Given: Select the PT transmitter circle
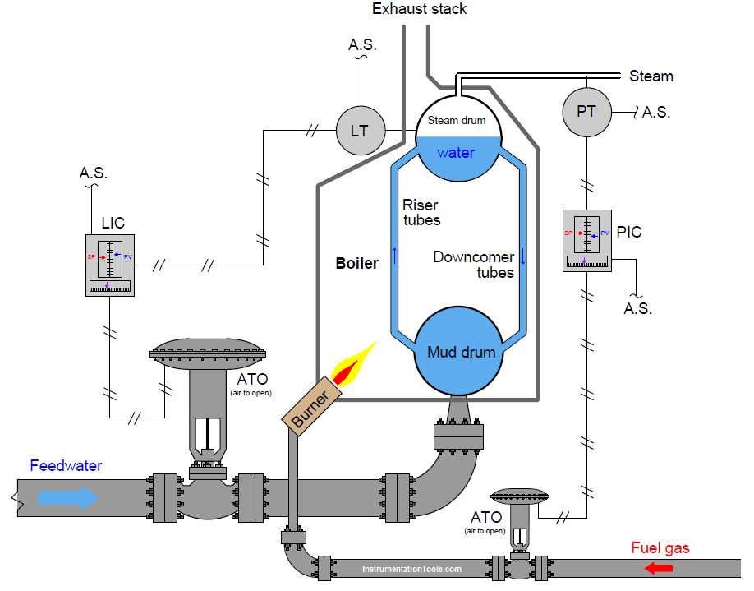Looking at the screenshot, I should [586, 111].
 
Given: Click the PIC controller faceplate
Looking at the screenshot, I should [586, 239].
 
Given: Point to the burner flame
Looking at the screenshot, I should [352, 365].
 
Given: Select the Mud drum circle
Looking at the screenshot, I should [461, 351].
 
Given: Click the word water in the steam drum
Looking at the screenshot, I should [456, 153].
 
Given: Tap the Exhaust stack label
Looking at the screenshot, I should [419, 9].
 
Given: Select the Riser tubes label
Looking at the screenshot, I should [421, 212].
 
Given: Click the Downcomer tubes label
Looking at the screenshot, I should [474, 265].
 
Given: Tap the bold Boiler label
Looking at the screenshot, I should [356, 264].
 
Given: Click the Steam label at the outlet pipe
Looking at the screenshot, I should [651, 76].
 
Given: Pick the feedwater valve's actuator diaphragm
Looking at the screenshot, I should [209, 351].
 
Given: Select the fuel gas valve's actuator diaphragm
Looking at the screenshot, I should [519, 496].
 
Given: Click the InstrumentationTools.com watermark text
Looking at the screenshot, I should [411, 568].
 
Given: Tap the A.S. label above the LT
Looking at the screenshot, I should [362, 45].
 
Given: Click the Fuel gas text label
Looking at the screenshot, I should [660, 548].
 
